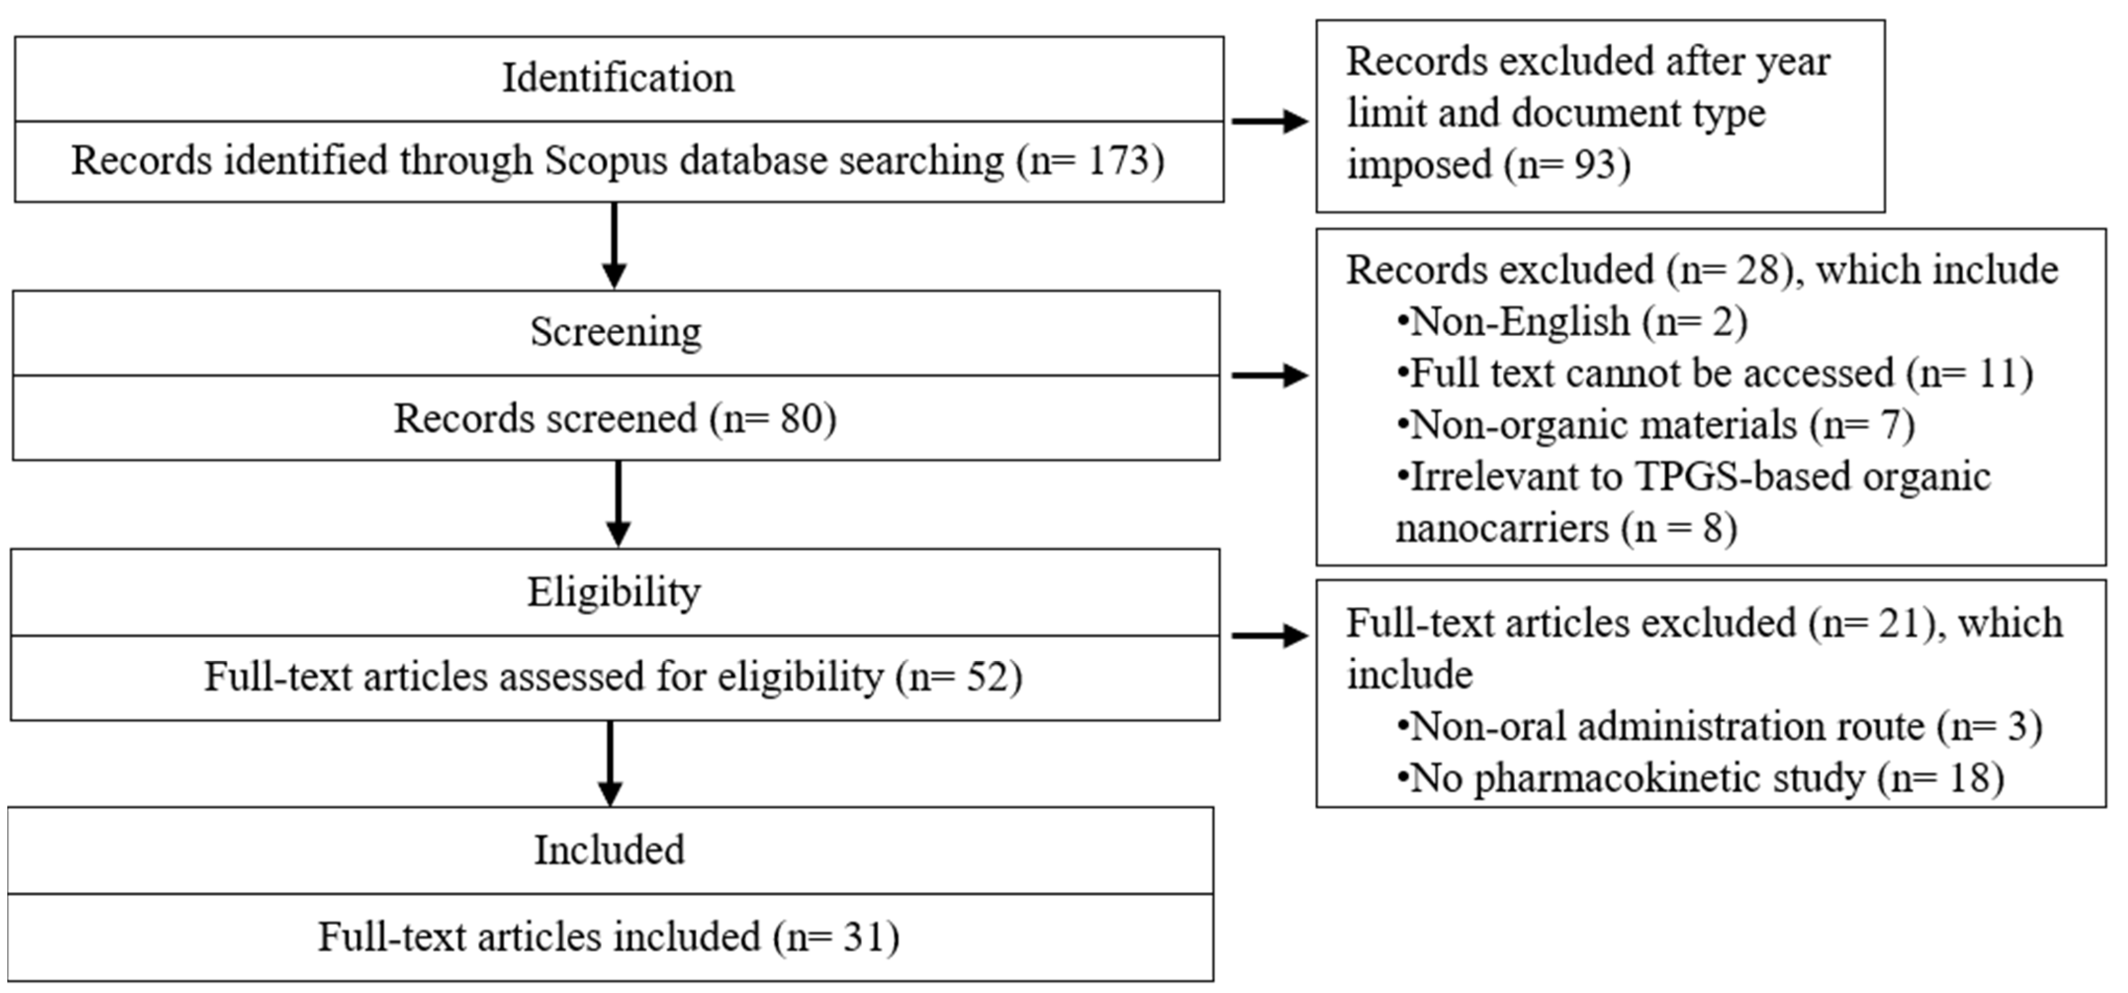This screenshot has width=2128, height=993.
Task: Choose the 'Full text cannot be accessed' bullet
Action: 1714,373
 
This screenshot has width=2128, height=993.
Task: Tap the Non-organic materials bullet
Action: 1655,425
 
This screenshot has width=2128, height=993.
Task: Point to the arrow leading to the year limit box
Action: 1269,122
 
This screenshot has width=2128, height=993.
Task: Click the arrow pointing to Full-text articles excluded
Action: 1269,635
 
